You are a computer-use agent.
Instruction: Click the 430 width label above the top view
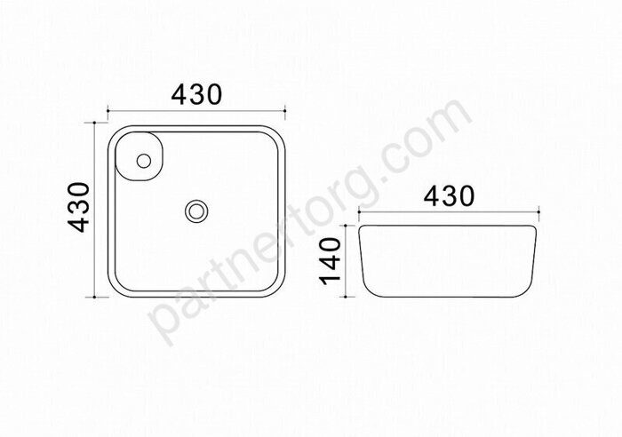tap(196, 95)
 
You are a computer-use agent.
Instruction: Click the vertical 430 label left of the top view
tap(78, 207)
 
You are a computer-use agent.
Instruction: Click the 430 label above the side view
tap(449, 196)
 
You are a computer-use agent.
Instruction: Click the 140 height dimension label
tap(330, 261)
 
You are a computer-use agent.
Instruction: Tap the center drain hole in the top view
tap(196, 211)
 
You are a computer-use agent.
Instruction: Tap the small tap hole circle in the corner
tap(143, 161)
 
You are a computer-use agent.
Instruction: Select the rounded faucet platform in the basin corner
tap(139, 156)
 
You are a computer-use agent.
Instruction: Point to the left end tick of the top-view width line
tap(108, 111)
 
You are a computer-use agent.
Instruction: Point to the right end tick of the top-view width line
tap(285, 111)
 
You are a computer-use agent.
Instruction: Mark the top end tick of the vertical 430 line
tap(94, 123)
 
